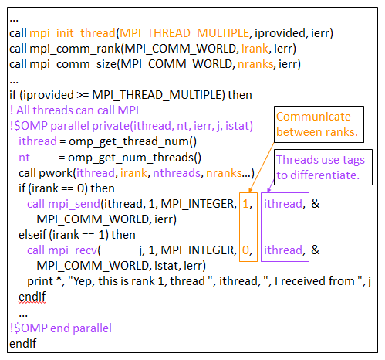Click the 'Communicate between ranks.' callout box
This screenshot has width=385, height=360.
pyautogui.click(x=317, y=124)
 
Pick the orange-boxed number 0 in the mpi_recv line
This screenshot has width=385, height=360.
pyautogui.click(x=246, y=250)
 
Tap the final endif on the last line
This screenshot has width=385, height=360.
pyautogui.click(x=23, y=343)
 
